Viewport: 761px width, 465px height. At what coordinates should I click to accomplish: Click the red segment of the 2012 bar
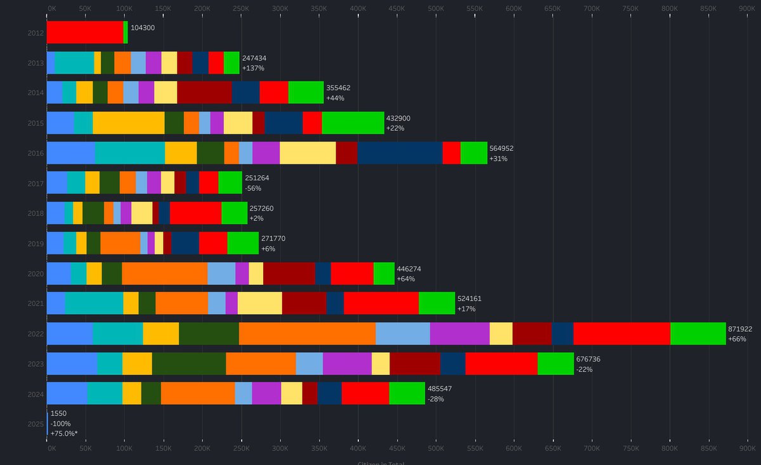(85, 32)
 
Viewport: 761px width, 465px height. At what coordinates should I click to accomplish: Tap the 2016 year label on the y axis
(36, 153)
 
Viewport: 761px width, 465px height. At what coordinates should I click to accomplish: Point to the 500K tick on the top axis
(436, 9)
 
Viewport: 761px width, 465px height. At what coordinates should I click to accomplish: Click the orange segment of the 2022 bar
(307, 334)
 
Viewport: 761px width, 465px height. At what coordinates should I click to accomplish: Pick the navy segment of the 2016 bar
(400, 153)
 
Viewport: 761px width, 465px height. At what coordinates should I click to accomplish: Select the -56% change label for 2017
(253, 188)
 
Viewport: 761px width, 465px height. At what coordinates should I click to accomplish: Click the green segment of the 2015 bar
(353, 122)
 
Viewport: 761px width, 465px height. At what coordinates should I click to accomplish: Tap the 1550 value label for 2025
(58, 414)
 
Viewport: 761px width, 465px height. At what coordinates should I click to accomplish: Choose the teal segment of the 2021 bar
(94, 303)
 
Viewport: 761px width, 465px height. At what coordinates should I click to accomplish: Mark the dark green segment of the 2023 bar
(189, 363)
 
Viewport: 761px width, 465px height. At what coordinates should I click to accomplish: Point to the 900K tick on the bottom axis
(747, 448)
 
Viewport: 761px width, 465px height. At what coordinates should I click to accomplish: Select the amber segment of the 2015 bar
(128, 122)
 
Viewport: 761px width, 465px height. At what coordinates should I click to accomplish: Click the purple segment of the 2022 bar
(459, 334)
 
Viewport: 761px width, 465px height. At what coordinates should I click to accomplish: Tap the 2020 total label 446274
(409, 269)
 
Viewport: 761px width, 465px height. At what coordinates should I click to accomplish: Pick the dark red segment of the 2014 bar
(204, 93)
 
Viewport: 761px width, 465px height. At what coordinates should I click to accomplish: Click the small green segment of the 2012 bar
(126, 32)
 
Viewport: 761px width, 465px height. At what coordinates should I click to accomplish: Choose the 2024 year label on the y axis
(36, 394)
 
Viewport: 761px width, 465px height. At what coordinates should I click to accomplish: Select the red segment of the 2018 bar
(195, 213)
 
